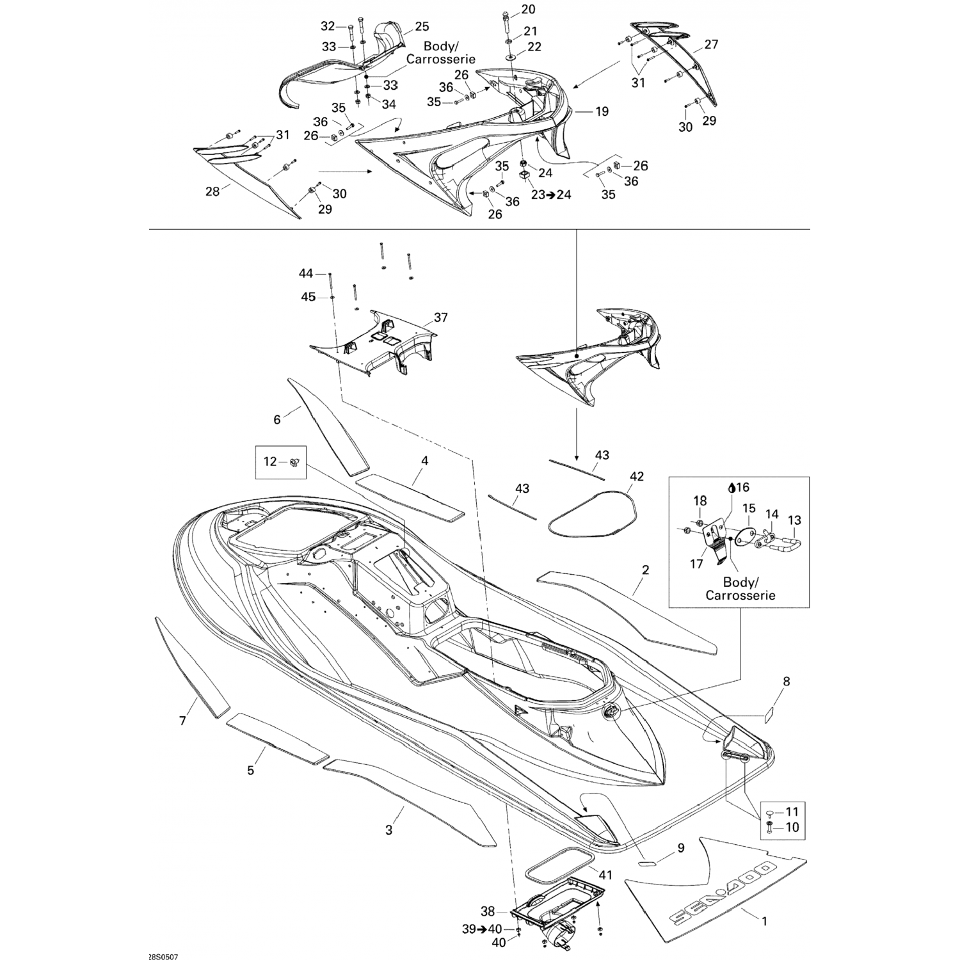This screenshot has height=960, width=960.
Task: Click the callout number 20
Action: tap(529, 9)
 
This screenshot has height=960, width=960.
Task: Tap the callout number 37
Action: tap(440, 317)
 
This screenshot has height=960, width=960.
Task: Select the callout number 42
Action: tap(636, 477)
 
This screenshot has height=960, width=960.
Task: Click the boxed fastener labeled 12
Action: tap(295, 461)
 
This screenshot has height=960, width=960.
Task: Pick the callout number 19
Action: tap(602, 111)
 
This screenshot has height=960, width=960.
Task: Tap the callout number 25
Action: tap(422, 26)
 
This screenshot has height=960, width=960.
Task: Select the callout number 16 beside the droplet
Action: tap(742, 488)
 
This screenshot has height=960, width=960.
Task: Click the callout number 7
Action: tap(182, 721)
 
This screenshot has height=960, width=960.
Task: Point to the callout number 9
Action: tap(681, 848)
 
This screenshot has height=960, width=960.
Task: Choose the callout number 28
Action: tap(212, 191)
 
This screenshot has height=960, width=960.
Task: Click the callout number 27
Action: tap(711, 44)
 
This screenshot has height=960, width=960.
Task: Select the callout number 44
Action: tap(306, 273)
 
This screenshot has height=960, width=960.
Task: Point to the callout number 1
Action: tap(764, 922)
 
